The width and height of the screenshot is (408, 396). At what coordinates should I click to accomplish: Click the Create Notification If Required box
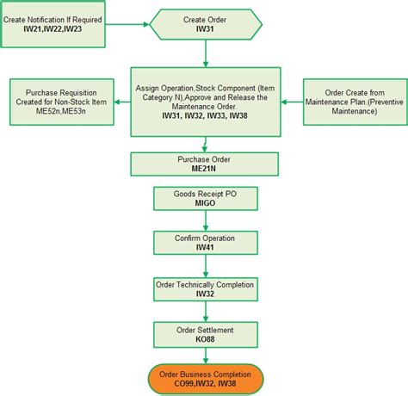coord(53,23)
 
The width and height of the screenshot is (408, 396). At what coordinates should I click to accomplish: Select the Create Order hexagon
coord(206,23)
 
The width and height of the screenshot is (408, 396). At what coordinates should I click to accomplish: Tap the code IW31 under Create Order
coord(206,29)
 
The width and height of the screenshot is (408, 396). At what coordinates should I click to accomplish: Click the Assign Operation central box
coord(204,102)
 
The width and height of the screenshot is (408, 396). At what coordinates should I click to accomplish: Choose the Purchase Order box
coord(204,164)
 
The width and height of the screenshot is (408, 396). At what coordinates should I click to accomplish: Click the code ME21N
coord(204,170)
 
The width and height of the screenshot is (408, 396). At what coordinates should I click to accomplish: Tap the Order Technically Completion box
coord(204,288)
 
